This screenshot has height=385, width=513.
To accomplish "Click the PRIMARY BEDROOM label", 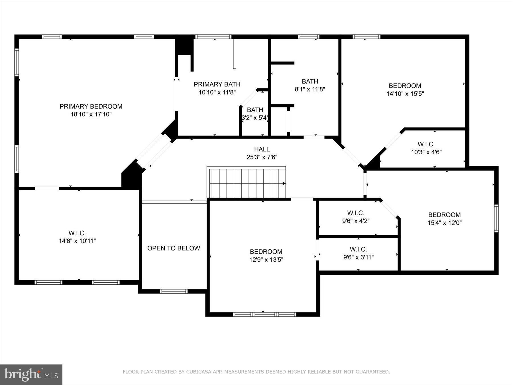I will (x=91, y=106).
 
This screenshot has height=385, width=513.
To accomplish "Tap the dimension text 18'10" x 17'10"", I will (x=91, y=114).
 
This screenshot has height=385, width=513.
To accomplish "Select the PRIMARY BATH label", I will (x=217, y=84).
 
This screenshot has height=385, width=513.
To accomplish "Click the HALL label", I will (x=262, y=149).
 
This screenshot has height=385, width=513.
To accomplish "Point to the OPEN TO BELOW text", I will (x=174, y=248).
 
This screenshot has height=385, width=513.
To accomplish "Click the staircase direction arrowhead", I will (x=284, y=183).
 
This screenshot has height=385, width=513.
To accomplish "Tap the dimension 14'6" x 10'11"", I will (x=77, y=241).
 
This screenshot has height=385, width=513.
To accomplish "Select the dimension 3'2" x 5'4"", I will (x=255, y=117).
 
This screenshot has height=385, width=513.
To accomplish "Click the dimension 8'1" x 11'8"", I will (x=310, y=89).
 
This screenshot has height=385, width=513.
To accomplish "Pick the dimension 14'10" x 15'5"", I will (x=405, y=94).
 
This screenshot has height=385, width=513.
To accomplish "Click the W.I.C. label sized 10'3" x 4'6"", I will (x=426, y=144).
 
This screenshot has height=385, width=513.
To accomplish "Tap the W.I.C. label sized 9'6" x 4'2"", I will (x=356, y=213).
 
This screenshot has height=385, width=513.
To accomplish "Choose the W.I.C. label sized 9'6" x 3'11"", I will (x=358, y=249).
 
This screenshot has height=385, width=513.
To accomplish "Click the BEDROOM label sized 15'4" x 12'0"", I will (x=444, y=215).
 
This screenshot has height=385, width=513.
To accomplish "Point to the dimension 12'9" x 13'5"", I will (x=266, y=260).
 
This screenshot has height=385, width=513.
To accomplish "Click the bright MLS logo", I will (x=31, y=374).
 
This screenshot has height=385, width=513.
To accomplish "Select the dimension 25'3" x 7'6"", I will (x=262, y=157).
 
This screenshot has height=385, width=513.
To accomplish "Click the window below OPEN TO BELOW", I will (x=173, y=291).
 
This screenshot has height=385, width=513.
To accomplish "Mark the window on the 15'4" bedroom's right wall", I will (x=496, y=218).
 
